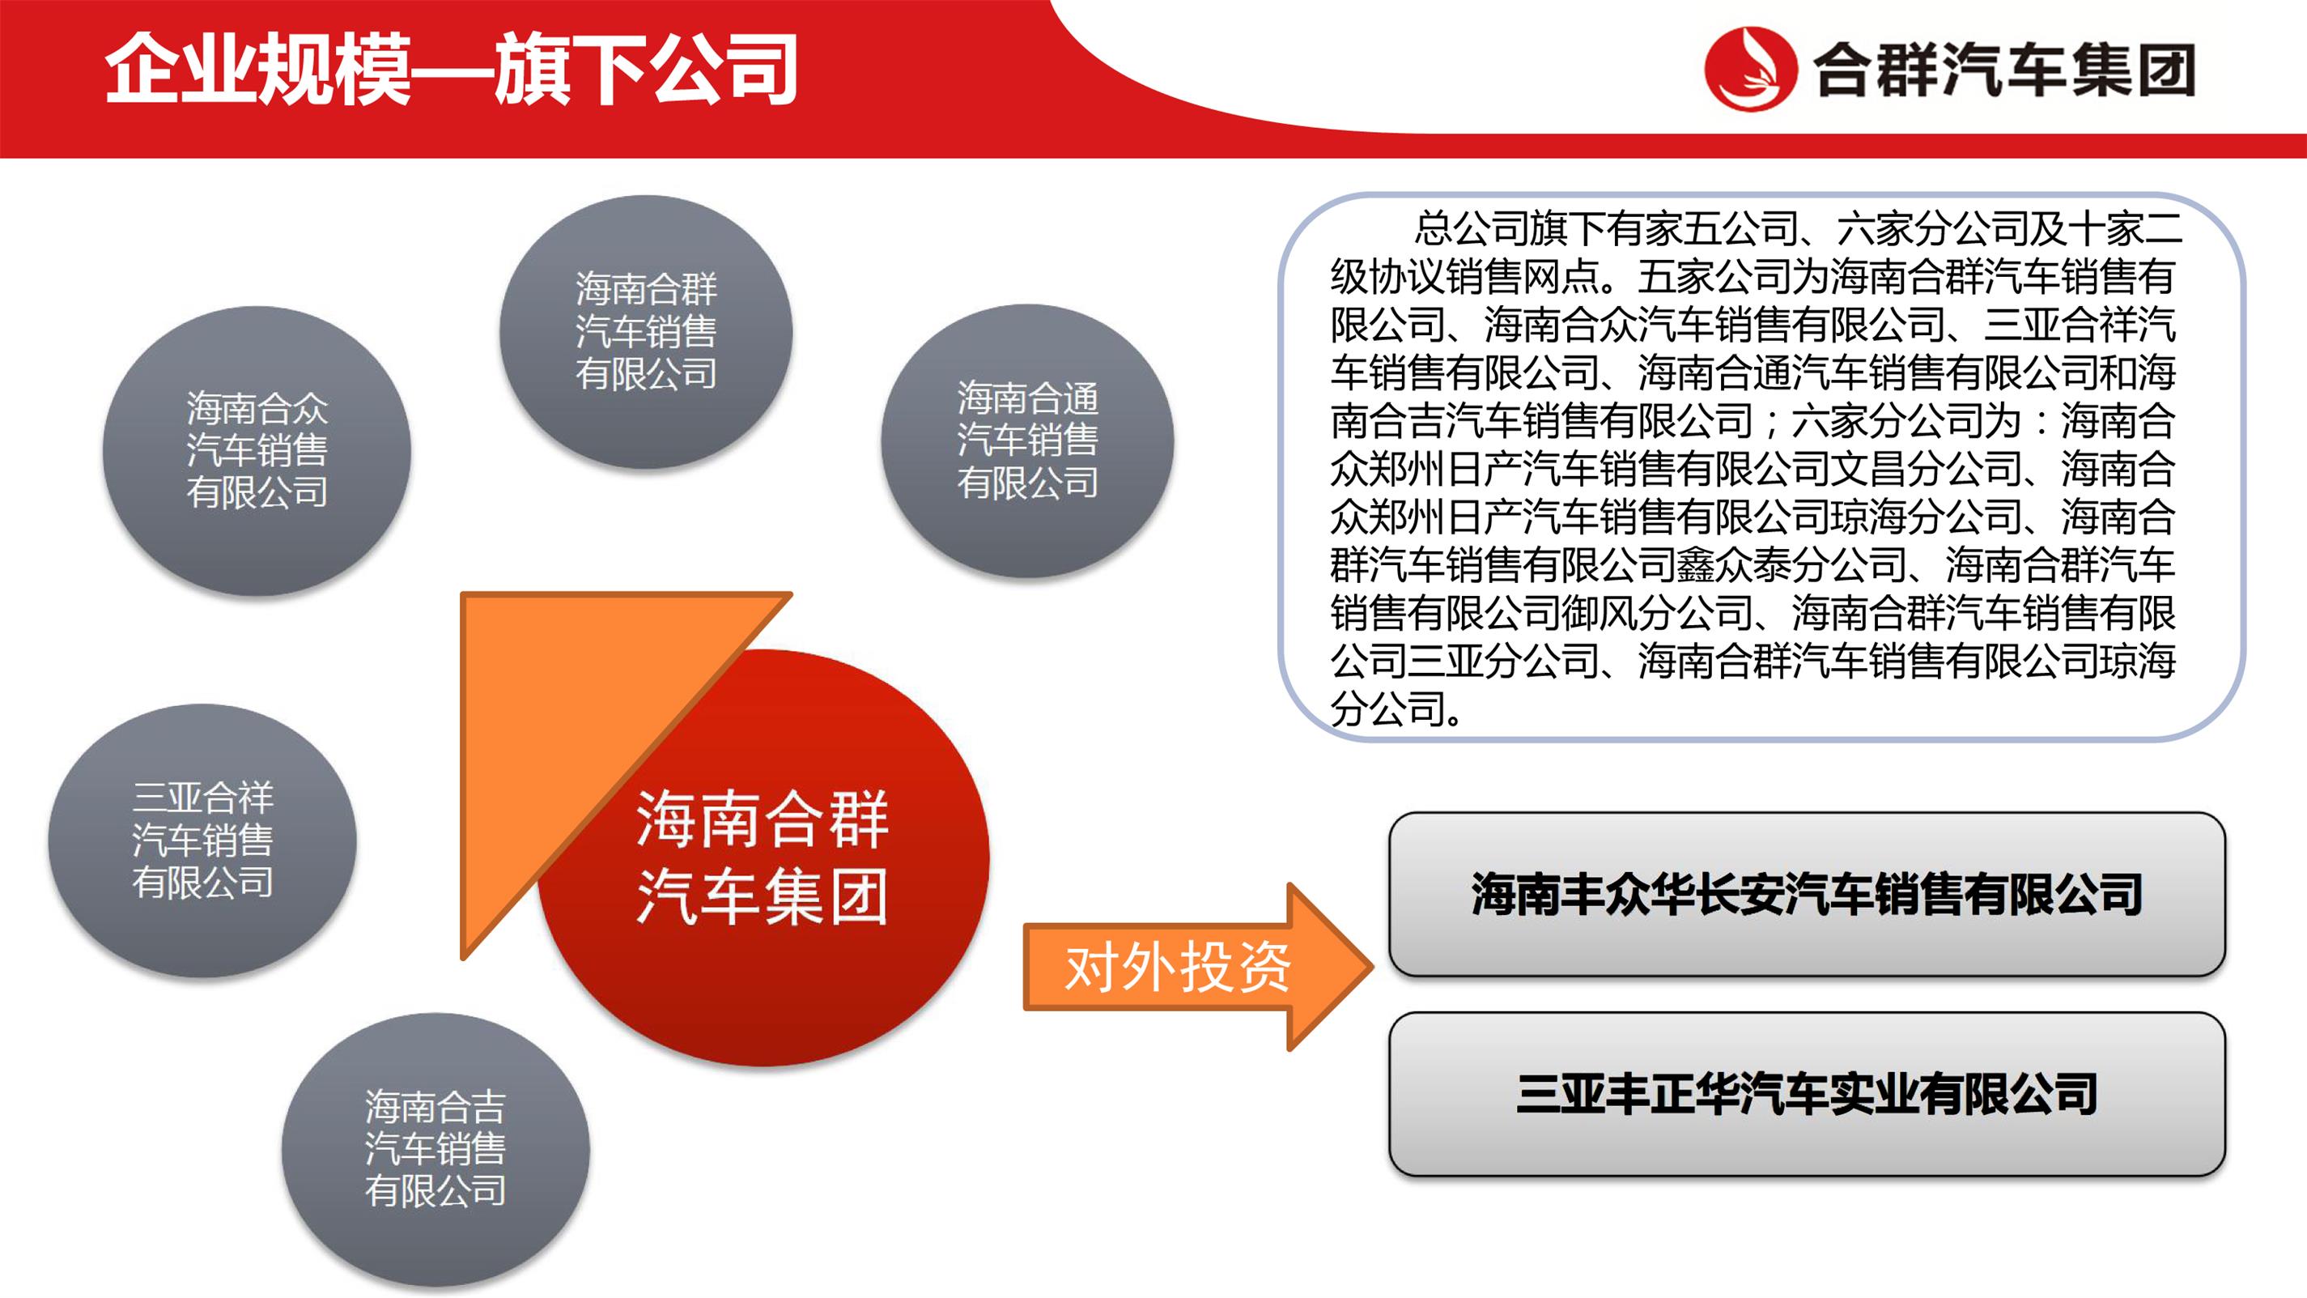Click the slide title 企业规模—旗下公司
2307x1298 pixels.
point(452,69)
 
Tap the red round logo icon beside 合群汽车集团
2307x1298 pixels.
point(1750,69)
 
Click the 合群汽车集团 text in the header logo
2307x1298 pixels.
point(2003,70)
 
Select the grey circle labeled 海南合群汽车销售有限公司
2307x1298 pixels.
point(646,331)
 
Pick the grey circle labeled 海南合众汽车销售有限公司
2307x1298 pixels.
point(257,450)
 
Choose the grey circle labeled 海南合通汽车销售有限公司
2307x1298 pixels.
point(1027,440)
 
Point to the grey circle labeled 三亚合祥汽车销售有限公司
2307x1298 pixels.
point(202,841)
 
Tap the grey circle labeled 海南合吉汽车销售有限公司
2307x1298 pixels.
point(435,1149)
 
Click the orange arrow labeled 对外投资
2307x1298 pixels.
point(1197,967)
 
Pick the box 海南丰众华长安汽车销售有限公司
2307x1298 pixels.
point(1807,894)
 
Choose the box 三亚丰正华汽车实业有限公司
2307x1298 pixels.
point(1807,1094)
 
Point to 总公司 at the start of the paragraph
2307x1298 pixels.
point(1472,228)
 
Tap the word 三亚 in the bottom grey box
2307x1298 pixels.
point(1560,1094)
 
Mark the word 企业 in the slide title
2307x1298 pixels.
point(180,69)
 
